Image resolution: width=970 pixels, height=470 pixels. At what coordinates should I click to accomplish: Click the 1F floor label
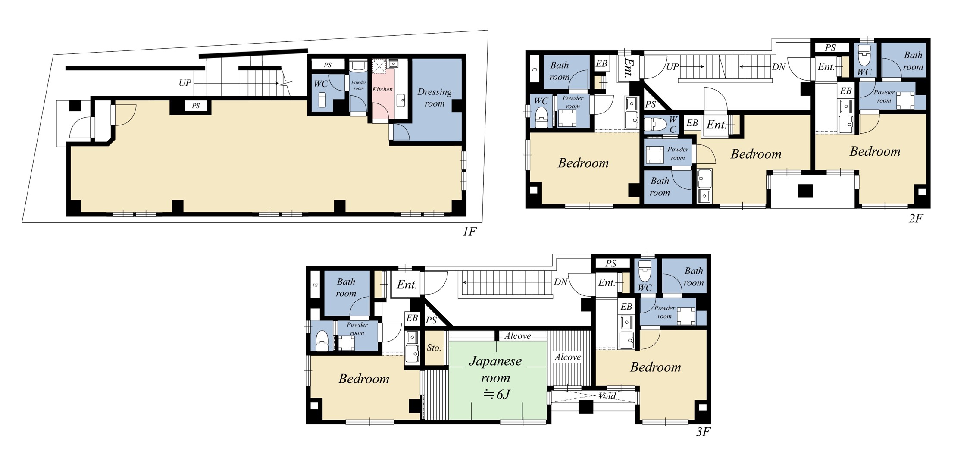469,232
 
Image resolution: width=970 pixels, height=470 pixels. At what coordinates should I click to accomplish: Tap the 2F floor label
916,219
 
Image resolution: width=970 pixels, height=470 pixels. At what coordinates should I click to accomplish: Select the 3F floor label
703,432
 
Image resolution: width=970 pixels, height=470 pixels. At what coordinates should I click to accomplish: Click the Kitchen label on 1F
382,89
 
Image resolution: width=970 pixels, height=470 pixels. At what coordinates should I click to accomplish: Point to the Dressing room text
435,97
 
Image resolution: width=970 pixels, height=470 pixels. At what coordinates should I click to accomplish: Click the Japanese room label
495,369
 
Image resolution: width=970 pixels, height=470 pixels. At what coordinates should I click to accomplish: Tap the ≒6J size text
496,394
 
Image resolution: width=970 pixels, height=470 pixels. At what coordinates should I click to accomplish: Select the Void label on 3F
607,396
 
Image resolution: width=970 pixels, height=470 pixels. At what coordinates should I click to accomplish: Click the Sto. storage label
434,348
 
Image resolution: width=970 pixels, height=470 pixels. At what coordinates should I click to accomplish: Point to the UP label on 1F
185,83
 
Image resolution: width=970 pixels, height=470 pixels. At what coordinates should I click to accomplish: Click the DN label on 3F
560,282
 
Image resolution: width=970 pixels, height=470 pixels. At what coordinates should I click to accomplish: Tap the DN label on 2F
778,67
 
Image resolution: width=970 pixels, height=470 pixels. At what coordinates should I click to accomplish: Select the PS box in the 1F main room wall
196,106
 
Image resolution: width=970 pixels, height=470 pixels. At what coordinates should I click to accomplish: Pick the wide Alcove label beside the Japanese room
568,357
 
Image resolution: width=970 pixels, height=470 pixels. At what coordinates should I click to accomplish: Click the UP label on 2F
673,67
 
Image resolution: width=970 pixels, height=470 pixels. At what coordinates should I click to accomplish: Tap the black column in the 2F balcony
805,191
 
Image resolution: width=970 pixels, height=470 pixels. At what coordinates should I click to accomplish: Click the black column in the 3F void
585,407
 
